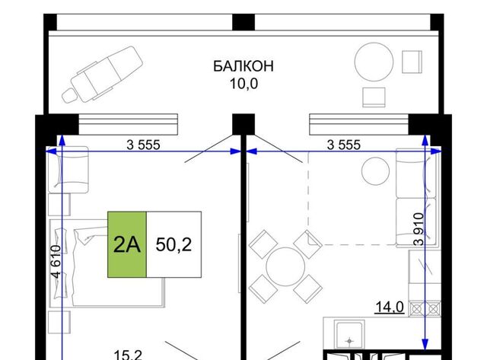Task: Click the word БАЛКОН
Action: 243,66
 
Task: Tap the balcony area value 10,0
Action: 243,84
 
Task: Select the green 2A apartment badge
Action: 127,244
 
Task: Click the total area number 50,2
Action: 173,244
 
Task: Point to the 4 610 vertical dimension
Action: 56,262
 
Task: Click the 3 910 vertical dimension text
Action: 419,229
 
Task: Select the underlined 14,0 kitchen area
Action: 390,307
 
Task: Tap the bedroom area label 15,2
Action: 128,355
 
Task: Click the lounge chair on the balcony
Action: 102,75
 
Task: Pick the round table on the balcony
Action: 374,62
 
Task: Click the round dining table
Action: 285,267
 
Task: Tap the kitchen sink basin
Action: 349,335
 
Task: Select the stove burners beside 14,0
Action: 425,309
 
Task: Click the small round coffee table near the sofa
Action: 375,171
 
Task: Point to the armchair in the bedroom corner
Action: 68,170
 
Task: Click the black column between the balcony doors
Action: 243,124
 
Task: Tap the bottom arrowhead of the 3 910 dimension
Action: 425,344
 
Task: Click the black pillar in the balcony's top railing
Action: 243,22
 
